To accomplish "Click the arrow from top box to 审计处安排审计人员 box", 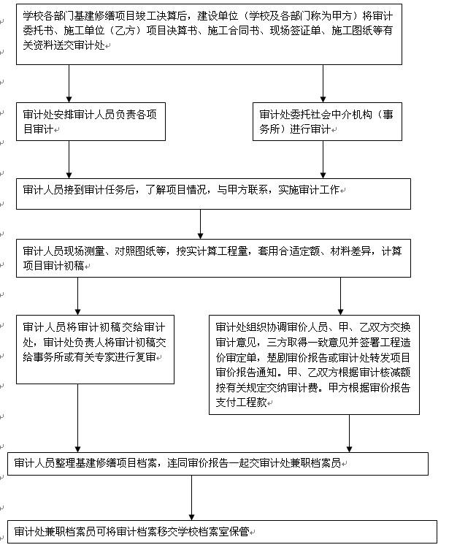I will (69, 84).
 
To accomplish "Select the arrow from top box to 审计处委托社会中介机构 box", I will (321, 84).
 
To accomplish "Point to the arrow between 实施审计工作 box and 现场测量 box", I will (200, 223).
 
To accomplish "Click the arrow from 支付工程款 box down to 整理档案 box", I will (349, 432).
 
